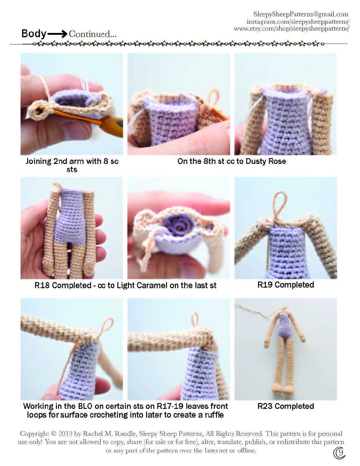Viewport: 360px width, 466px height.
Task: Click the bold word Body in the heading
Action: [x=34, y=34]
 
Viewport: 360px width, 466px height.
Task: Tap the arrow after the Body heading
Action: [x=57, y=34]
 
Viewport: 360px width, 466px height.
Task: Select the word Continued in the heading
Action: [x=90, y=34]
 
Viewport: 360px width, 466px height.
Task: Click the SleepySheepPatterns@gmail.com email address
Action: [x=301, y=14]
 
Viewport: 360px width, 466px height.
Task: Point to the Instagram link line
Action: [x=298, y=21]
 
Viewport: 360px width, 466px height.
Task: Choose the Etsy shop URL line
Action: [x=291, y=28]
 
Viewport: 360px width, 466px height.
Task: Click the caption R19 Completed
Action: [x=286, y=285]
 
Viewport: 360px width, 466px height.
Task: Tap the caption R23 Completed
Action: [x=286, y=406]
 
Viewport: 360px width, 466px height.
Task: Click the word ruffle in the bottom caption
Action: [x=214, y=415]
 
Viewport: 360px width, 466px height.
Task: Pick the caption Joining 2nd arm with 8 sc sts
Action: [x=72, y=165]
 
